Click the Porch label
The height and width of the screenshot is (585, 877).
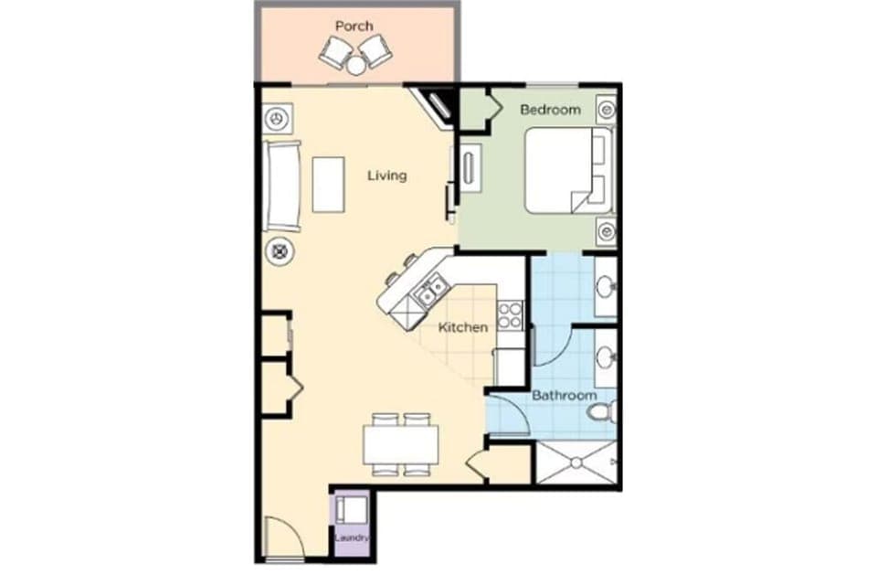pos(354,26)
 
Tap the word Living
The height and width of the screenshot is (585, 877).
pos(386,175)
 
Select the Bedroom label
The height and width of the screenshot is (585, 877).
pos(550,110)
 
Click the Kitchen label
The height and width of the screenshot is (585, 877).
pos(463,327)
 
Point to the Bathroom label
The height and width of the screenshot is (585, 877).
pos(565,396)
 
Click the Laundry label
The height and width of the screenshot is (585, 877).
pos(352,538)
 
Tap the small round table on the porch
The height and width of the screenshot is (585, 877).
pos(355,64)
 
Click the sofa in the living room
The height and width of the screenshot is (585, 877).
pos(282,186)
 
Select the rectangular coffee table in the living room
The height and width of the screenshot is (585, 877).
pos(328,184)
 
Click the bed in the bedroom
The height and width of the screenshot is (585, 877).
pos(566,170)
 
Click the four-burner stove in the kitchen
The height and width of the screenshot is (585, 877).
pos(510,315)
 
